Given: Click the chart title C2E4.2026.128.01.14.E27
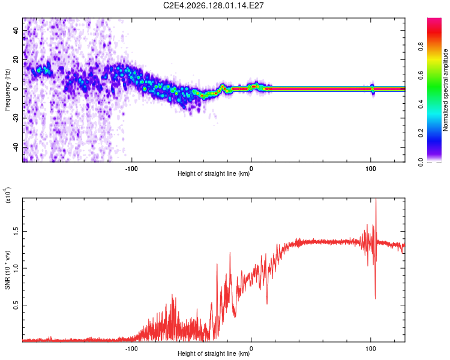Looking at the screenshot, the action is (x=213, y=5).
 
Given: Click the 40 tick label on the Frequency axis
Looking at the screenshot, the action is (x=16, y=31).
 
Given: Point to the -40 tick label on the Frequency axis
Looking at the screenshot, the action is (x=16, y=148).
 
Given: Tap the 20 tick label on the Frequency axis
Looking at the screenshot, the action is (x=16, y=60).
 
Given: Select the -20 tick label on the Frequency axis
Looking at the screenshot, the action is (x=16, y=118).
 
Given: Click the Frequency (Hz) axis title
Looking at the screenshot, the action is (x=7, y=90).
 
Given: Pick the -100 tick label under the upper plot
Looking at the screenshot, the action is (x=131, y=169).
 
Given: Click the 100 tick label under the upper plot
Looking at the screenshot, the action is (x=371, y=169).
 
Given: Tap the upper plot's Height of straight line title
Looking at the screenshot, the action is (x=214, y=173).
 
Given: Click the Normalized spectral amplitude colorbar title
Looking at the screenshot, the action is (x=445, y=90).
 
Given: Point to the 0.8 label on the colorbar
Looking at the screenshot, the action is (x=421, y=47).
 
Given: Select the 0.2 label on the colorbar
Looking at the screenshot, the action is (x=421, y=133).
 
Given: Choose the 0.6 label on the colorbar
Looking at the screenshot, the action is (x=421, y=76).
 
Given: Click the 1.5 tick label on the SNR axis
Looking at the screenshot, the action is (x=16, y=232).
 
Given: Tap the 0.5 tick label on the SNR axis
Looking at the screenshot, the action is (x=16, y=305).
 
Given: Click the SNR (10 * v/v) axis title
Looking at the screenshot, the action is (x=7, y=270).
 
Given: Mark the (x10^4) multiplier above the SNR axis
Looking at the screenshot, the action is (x=7, y=195).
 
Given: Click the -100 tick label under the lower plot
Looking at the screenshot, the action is (x=131, y=349).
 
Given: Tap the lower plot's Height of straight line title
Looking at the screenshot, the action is (x=214, y=353).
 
